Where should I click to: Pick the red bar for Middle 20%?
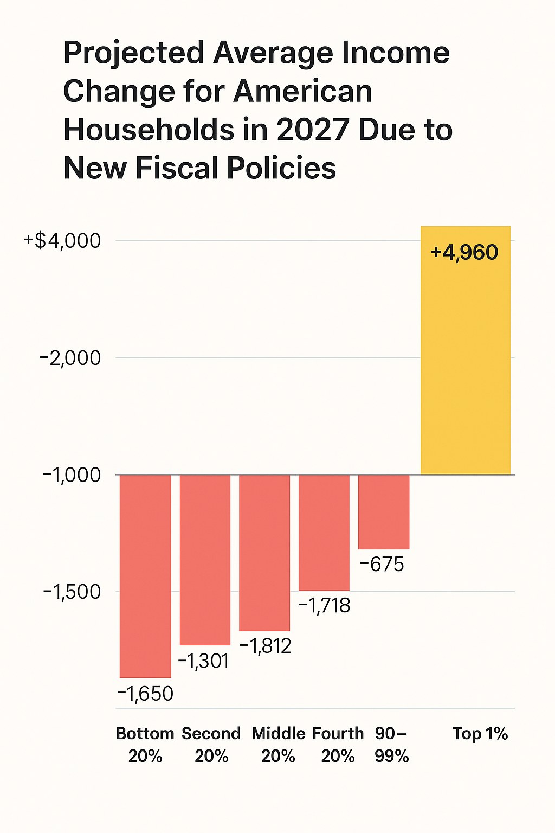[264, 553]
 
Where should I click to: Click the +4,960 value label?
[464, 253]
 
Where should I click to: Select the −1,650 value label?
[145, 694]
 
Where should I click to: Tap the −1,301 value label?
[204, 661]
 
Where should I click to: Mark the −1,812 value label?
[266, 646]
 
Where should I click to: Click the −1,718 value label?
[325, 605]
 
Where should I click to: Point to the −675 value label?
[382, 565]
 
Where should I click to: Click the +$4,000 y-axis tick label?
[62, 240]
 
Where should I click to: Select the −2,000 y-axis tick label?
[70, 358]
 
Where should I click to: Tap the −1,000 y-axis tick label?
[72, 475]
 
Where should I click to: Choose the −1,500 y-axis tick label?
[72, 592]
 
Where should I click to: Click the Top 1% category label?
[480, 734]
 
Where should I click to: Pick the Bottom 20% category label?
[145, 745]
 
